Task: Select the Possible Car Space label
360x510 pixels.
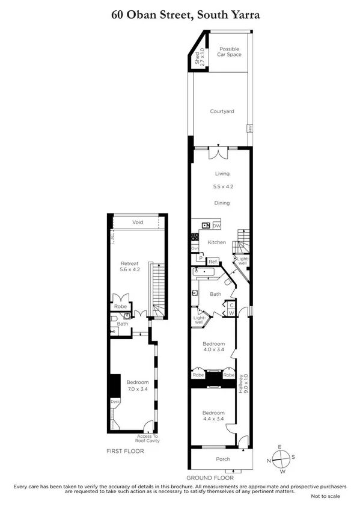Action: pos(229,51)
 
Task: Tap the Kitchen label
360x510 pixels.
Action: pos(217,242)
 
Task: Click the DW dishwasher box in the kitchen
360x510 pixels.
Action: pos(216,226)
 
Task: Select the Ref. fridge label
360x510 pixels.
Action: pos(213,262)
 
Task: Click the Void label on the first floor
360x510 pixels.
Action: pos(138,222)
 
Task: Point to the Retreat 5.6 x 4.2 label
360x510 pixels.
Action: pos(130,266)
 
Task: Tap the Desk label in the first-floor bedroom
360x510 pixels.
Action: pos(114,402)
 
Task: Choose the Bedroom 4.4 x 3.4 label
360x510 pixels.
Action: pos(213,416)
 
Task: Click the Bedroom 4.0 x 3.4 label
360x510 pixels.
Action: pos(213,348)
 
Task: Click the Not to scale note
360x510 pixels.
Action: pos(325,496)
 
